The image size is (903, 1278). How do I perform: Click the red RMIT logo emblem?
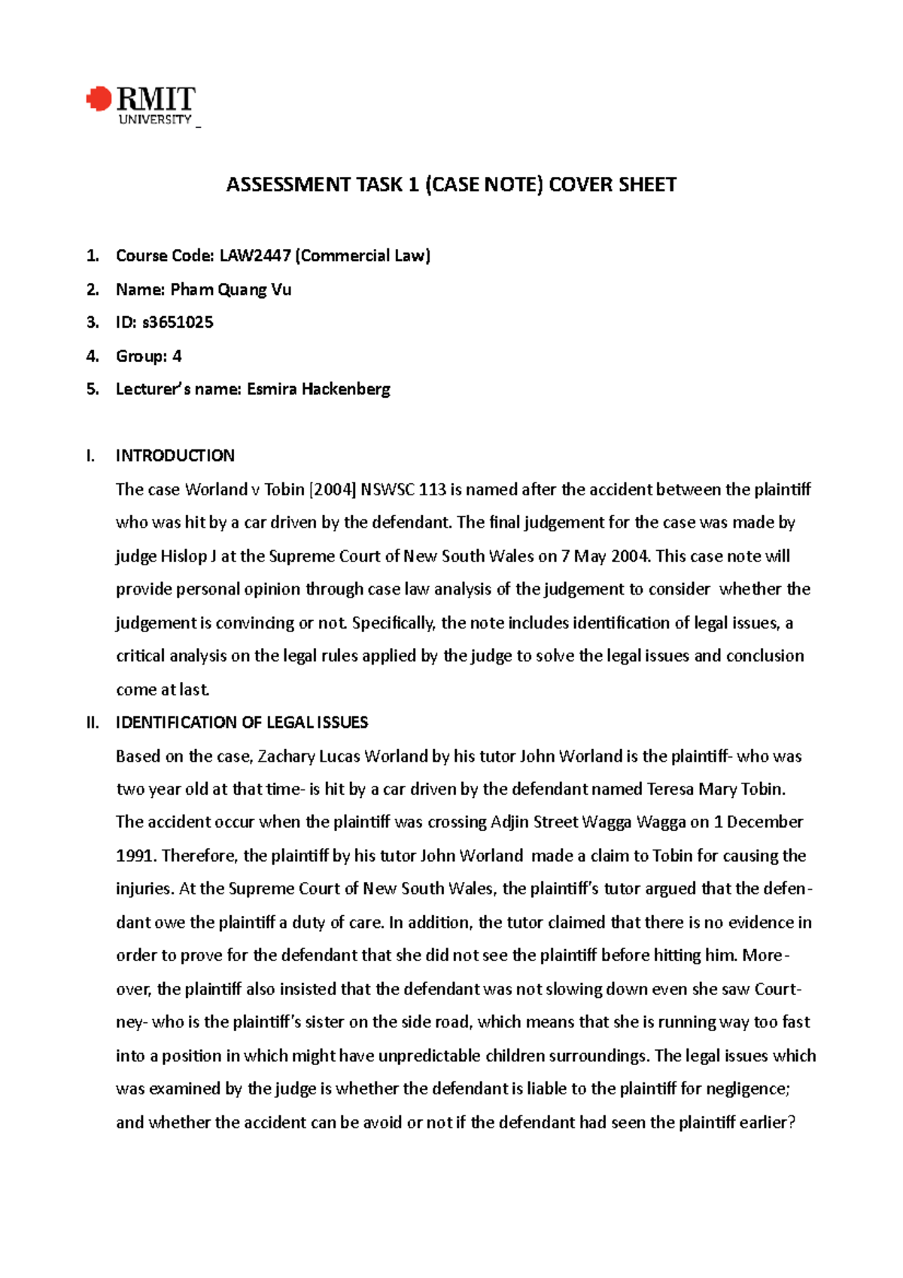99,99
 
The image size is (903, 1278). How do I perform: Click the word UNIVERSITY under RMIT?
155,120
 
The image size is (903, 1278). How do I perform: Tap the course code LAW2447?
255,256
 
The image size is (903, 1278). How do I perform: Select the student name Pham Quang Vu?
231,290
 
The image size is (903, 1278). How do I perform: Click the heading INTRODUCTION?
175,455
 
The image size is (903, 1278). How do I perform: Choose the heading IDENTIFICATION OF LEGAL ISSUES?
242,723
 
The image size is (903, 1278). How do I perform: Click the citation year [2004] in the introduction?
332,490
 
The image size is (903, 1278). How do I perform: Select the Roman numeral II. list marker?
93,723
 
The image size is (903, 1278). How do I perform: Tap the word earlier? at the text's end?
768,1123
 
